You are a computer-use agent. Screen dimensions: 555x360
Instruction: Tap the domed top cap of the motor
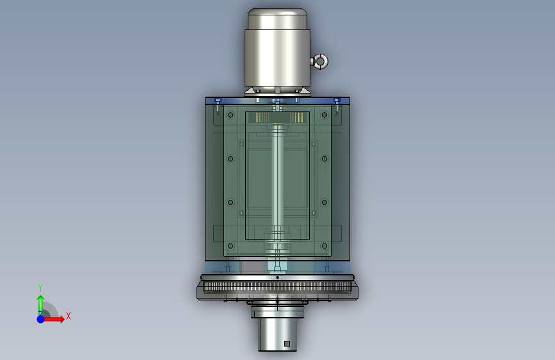coord(278,19)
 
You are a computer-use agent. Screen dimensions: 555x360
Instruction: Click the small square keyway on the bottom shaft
coord(287,343)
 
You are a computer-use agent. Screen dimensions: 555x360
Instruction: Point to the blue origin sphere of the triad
coord(41,319)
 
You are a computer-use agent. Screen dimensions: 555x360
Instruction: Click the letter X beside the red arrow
coord(68,316)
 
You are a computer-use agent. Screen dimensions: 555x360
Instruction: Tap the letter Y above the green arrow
coord(40,288)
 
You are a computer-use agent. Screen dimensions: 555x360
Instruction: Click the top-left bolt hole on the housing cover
coord(230,115)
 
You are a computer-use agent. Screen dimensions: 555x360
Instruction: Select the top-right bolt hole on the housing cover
coord(324,115)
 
